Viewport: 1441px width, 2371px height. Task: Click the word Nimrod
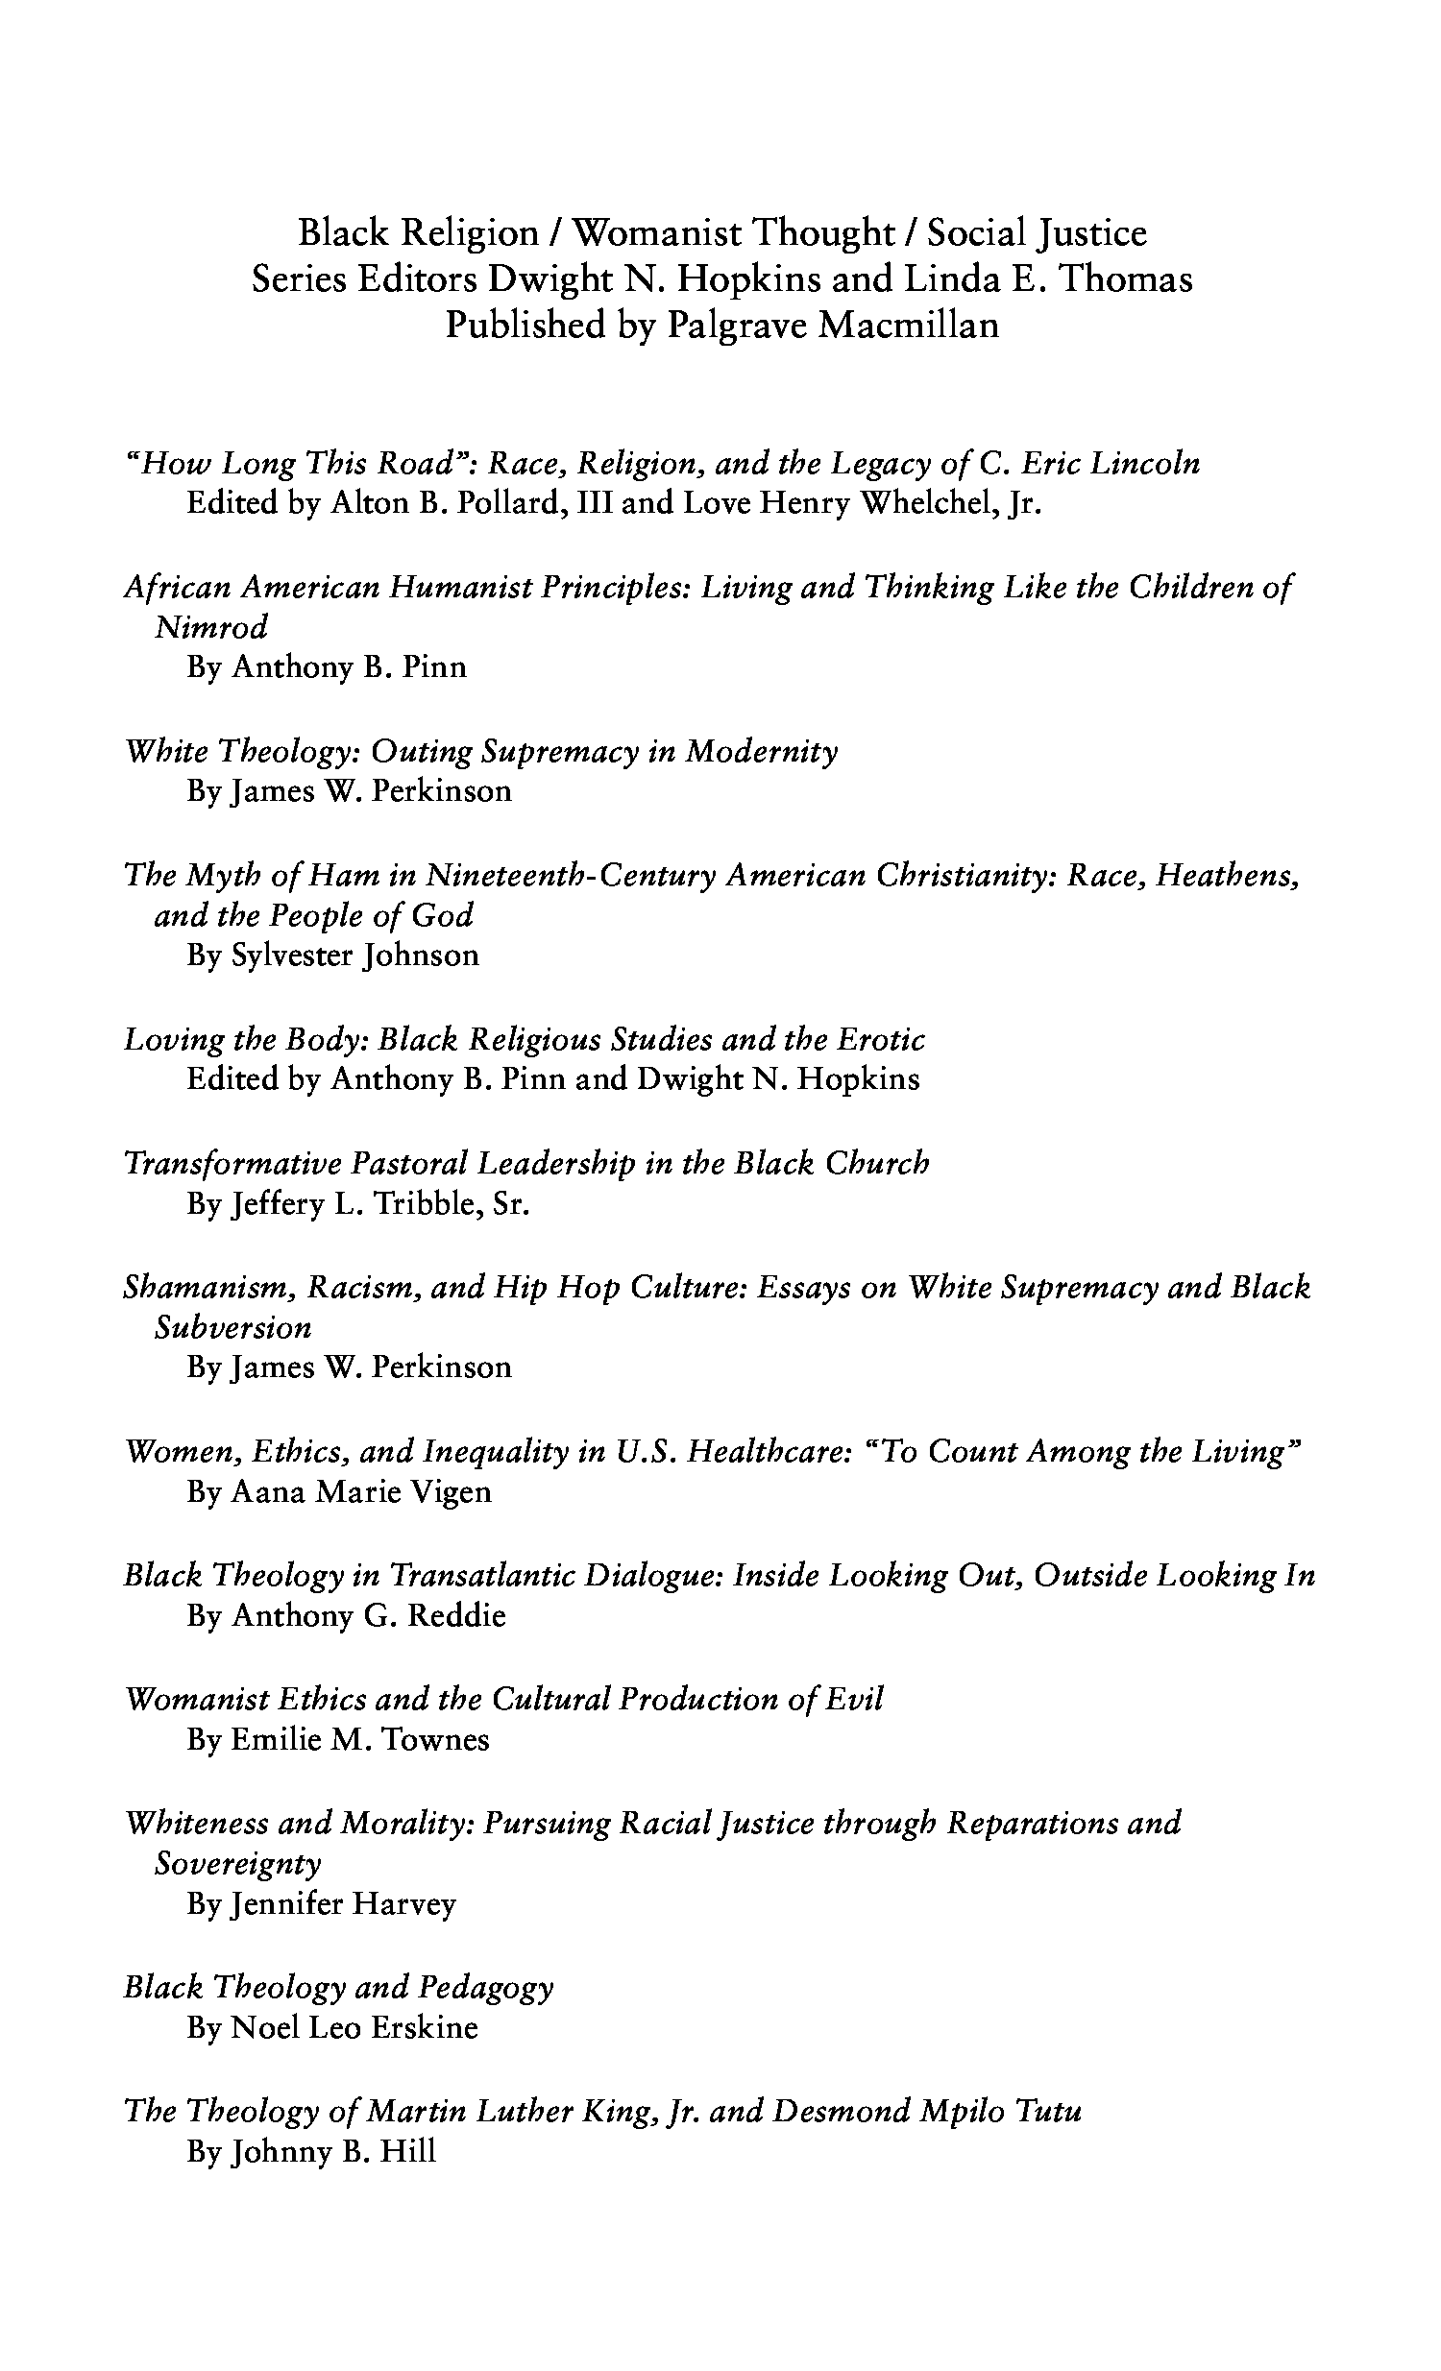(210, 627)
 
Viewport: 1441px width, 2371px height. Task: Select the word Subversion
(232, 1328)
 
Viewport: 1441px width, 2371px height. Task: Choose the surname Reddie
(456, 1614)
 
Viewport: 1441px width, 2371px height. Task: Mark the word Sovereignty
(236, 1864)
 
